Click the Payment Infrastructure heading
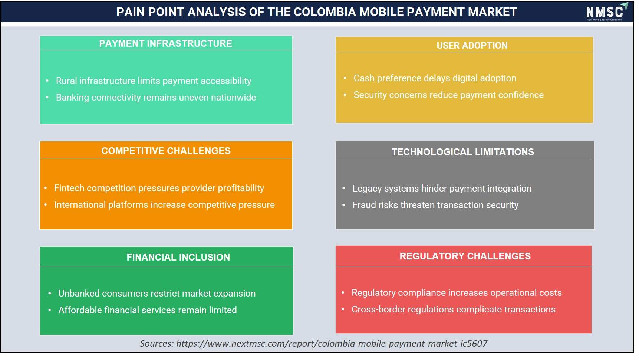pos(165,43)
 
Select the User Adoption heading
pos(472,45)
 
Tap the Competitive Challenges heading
pos(166,151)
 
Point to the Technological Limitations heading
pos(463,152)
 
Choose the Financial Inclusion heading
pos(178,257)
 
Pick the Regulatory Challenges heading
pos(465,256)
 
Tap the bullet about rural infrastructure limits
pos(154,81)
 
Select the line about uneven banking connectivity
pos(156,98)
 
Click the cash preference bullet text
pos(435,78)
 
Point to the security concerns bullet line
pos(448,95)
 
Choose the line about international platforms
pos(164,205)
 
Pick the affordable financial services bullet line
pos(148,310)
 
